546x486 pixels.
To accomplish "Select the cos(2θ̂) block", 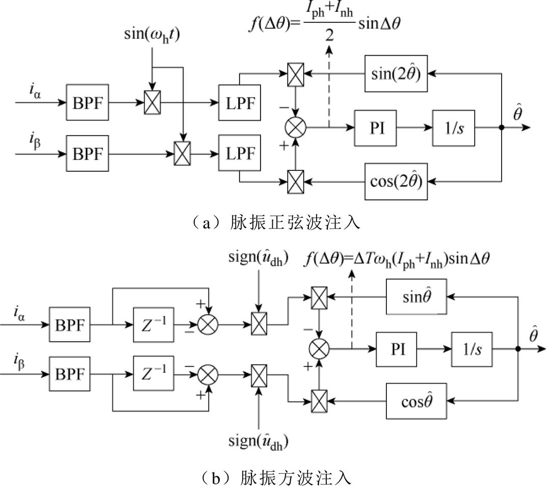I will click(x=395, y=181).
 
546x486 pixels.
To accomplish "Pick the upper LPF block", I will click(x=239, y=101).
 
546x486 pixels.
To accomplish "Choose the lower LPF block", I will click(x=239, y=153).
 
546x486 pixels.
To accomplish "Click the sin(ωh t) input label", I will click(x=152, y=37).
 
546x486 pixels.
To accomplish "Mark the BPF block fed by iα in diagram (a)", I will click(x=88, y=101).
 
